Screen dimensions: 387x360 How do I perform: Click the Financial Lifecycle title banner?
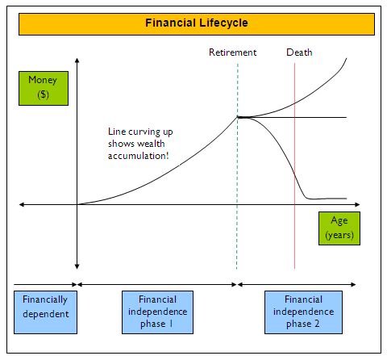point(197,24)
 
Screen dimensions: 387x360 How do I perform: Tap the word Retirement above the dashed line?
point(232,52)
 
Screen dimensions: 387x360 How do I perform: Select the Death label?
point(299,52)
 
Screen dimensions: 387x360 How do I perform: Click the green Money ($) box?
point(44,88)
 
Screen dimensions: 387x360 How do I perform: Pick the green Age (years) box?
point(339,228)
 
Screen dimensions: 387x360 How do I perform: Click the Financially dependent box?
point(45,312)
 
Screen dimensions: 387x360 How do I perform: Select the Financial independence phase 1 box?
point(157,312)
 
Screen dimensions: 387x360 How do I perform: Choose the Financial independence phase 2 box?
point(303,312)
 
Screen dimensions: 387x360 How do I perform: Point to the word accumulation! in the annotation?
point(139,156)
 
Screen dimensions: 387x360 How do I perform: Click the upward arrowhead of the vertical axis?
point(77,60)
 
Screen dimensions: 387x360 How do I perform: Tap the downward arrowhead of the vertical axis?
point(77,267)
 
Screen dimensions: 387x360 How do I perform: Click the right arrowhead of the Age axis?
point(358,204)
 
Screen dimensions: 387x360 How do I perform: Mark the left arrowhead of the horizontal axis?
point(22,204)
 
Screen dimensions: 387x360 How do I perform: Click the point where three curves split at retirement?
point(238,117)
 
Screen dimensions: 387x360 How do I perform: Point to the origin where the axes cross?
point(77,204)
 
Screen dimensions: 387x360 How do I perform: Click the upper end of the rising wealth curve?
point(347,58)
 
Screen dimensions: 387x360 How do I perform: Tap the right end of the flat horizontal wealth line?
point(347,117)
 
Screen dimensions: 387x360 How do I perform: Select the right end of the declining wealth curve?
point(347,199)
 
